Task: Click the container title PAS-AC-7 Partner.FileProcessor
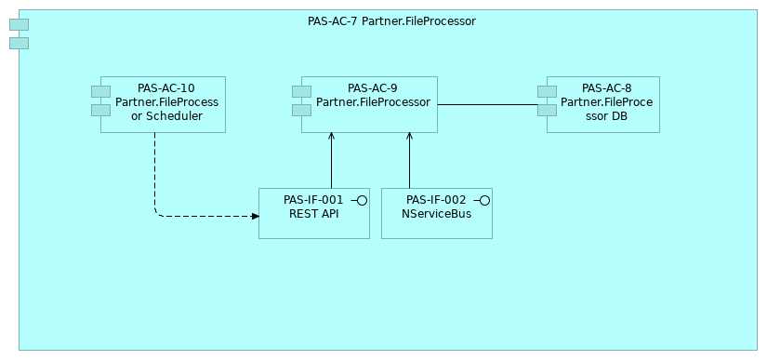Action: (x=391, y=21)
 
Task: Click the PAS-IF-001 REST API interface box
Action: (x=313, y=229)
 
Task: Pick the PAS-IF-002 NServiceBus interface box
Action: (x=436, y=229)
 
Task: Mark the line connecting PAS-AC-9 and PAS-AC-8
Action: (x=488, y=105)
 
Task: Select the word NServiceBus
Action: (x=436, y=214)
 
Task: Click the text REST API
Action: (x=313, y=214)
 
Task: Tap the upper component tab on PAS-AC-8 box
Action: (x=547, y=91)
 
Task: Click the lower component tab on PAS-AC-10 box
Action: (x=100, y=110)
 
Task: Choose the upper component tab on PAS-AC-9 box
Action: (x=301, y=91)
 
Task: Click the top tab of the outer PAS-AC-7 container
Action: (x=19, y=24)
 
